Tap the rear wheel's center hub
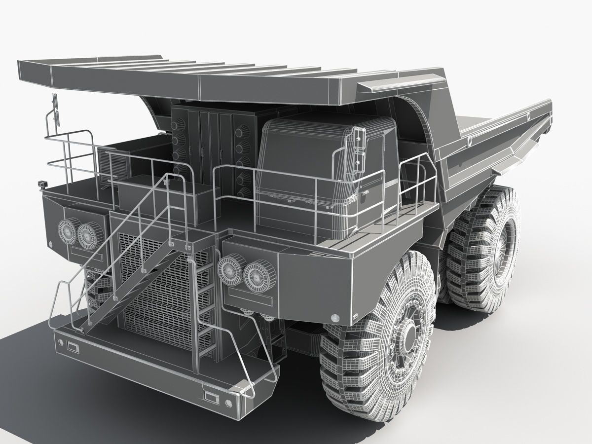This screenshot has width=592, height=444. (x=508, y=236)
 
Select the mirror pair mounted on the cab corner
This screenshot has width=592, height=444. (x=359, y=148)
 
